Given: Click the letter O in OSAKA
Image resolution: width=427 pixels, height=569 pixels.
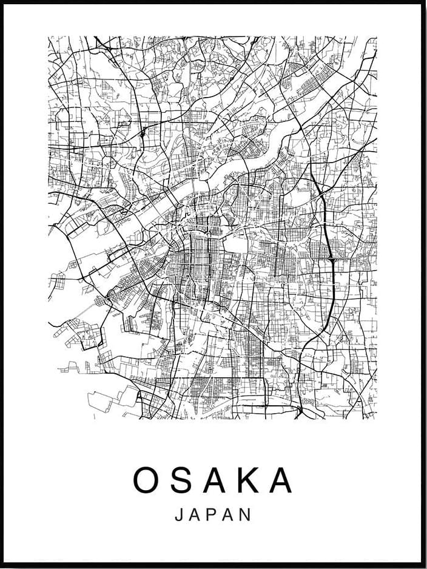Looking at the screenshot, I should tap(147, 480).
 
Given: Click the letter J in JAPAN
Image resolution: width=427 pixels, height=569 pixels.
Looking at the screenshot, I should tap(179, 515).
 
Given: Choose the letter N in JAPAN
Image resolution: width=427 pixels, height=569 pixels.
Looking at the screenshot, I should tap(246, 515).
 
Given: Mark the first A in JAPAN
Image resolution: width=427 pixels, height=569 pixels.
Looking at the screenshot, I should tap(195, 515).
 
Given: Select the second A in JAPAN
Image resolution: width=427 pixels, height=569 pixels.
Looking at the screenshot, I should tap(229, 515).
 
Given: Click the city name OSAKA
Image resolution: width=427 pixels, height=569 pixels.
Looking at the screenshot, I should tap(213, 480).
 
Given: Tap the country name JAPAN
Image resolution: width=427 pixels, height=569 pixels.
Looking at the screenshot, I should tap(213, 515).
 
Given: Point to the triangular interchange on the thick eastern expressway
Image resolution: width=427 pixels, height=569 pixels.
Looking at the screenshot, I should tap(332, 260).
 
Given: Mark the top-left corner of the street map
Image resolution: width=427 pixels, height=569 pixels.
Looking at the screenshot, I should tap(49, 36).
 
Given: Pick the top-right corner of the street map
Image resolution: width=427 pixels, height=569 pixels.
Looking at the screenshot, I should tap(377, 36).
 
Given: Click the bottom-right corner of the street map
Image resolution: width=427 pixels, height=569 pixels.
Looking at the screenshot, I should tap(377, 419).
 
